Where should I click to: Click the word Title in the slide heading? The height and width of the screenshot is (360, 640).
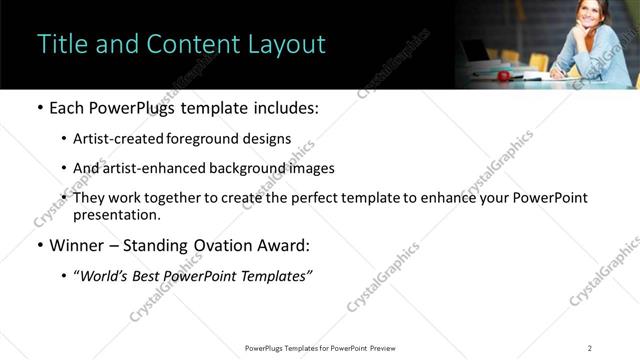[59, 45]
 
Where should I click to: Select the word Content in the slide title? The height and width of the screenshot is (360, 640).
[187, 45]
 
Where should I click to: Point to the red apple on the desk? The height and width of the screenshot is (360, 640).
[504, 75]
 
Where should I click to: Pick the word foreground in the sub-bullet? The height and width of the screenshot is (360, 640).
[200, 140]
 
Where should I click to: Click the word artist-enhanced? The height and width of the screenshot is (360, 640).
[154, 169]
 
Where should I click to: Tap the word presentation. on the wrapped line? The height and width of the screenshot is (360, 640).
[116, 215]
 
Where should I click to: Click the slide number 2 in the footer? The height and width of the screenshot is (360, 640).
[590, 348]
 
